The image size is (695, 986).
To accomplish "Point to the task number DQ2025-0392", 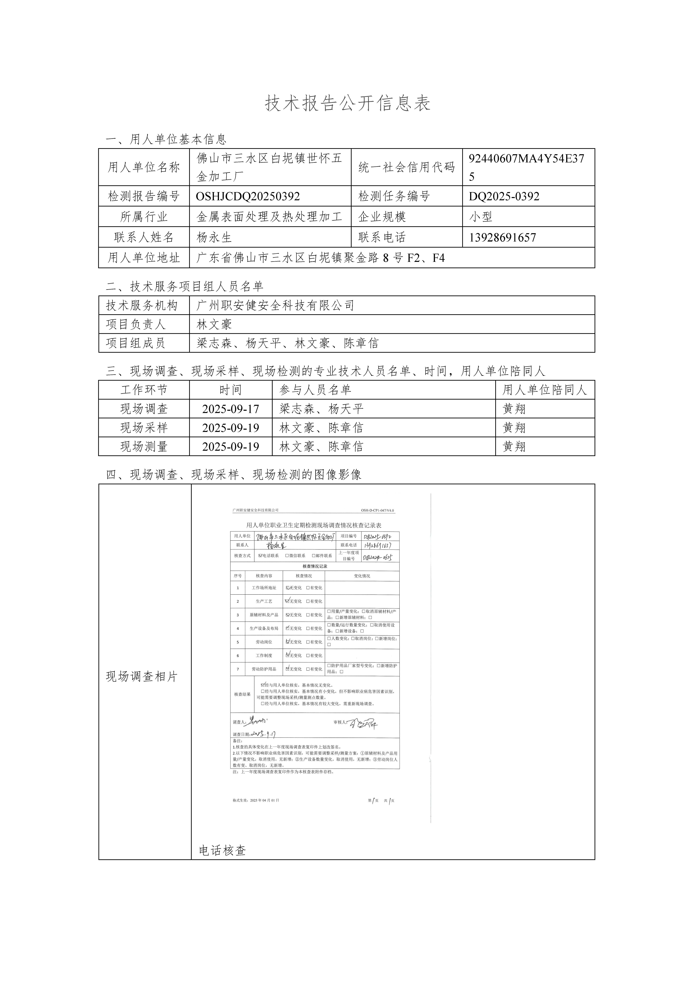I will coord(504,196).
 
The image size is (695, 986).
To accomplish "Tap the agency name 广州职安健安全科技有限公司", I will coord(275,305).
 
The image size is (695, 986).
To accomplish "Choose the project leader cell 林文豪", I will coord(214,324).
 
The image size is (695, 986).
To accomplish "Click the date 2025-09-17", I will coord(231,409).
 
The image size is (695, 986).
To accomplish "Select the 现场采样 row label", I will coord(144,428).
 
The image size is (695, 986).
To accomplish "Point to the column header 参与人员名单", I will coord(315,390).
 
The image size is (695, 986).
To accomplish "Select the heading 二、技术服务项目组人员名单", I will coord(185,286).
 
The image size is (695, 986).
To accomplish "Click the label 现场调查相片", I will coord(142,677).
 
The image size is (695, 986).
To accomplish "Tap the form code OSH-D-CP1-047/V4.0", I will coord(377,511).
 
